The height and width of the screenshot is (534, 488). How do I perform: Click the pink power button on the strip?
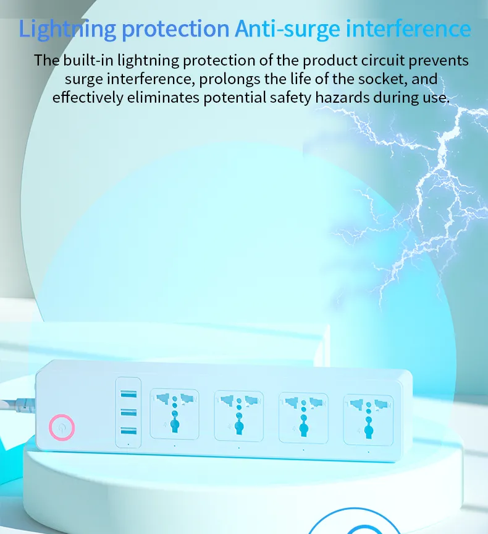click(x=62, y=427)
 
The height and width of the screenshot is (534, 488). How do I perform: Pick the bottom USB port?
click(x=129, y=431)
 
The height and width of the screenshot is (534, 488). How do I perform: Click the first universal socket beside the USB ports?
click(x=174, y=413)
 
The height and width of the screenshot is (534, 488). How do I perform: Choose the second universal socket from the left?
click(x=238, y=414)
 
